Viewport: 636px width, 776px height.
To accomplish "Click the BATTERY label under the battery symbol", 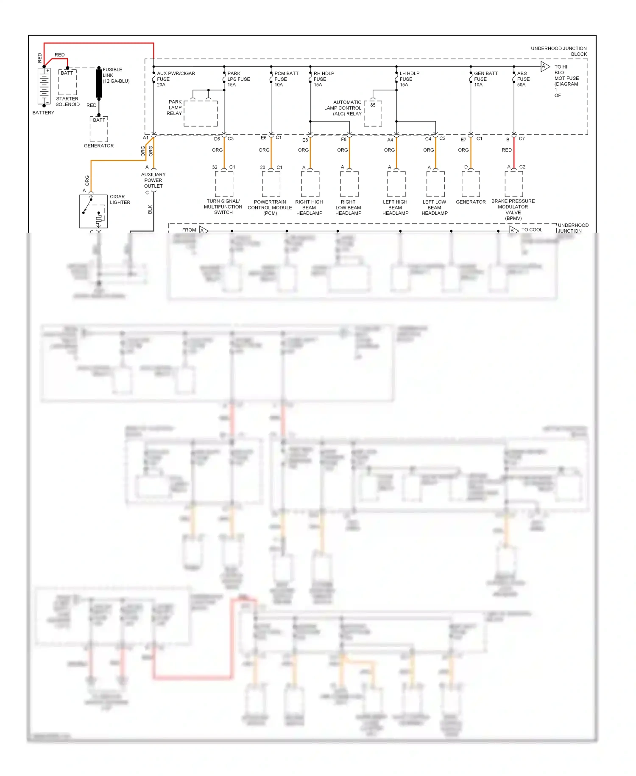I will pyautogui.click(x=43, y=113).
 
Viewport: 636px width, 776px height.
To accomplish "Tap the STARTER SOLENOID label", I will pyautogui.click(x=67, y=101).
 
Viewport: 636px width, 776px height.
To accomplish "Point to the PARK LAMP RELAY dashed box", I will pyautogui.click(x=201, y=113).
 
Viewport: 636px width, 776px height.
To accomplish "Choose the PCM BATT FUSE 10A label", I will pyautogui.click(x=286, y=79).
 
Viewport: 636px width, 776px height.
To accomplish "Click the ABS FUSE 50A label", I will pyautogui.click(x=523, y=79).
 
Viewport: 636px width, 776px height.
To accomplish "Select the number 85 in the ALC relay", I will pyautogui.click(x=373, y=105).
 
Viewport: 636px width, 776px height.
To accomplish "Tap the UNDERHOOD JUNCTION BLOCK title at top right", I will pyautogui.click(x=559, y=51).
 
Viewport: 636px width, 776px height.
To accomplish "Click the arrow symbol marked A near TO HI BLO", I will pyautogui.click(x=545, y=66).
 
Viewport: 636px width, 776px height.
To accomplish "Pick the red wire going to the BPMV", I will pyautogui.click(x=514, y=153).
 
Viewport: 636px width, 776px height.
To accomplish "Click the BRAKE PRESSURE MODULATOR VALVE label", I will pyautogui.click(x=513, y=209).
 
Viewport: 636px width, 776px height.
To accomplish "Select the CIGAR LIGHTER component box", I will pyautogui.click(x=93, y=211).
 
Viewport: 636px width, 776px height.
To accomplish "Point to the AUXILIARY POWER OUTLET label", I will pyautogui.click(x=153, y=180).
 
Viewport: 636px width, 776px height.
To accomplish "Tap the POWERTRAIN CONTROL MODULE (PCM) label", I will pyautogui.click(x=270, y=208).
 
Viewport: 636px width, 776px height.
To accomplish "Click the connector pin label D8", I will pyautogui.click(x=217, y=139).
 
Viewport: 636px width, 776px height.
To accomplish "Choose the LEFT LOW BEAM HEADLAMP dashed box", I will pyautogui.click(x=435, y=184).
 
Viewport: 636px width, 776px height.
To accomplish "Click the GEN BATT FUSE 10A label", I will pyautogui.click(x=485, y=79).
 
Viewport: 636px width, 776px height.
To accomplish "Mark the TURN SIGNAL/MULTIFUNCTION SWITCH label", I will pyautogui.click(x=223, y=207).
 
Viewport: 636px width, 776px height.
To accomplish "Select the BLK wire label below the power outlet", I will pyautogui.click(x=150, y=209).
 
